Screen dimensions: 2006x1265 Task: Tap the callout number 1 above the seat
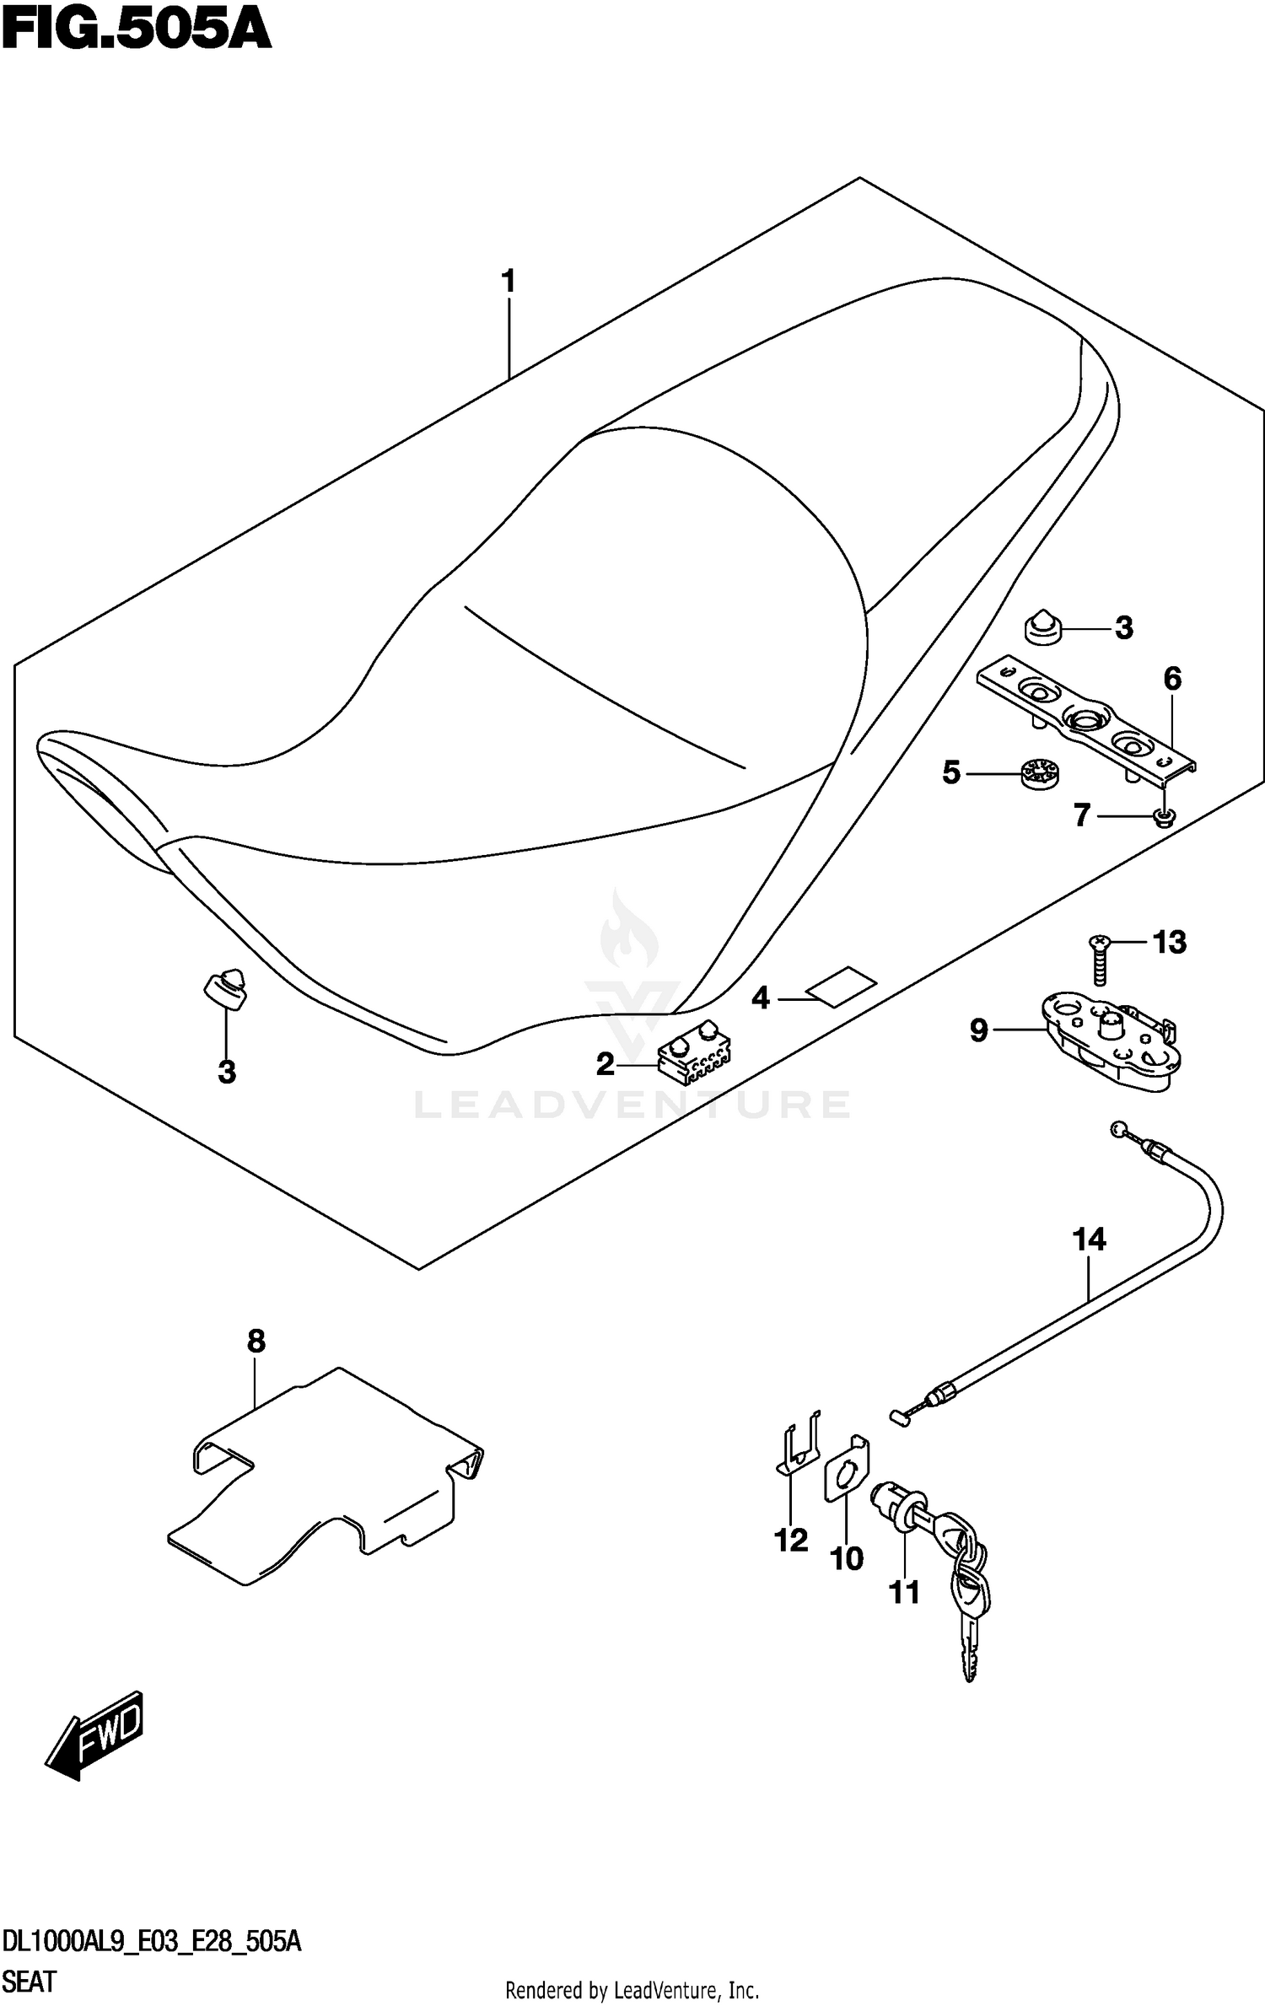508,282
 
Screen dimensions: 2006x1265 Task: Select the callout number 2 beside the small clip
605,1064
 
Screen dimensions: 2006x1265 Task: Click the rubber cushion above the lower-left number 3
226,988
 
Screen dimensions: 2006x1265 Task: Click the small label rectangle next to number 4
841,987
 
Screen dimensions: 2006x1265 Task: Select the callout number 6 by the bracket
1172,679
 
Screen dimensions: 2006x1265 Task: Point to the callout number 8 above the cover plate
256,1341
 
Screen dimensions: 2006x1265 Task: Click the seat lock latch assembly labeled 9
1108,1041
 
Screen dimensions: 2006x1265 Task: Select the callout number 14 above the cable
1089,1240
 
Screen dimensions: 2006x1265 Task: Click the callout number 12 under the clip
791,1541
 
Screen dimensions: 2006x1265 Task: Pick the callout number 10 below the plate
847,1559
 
